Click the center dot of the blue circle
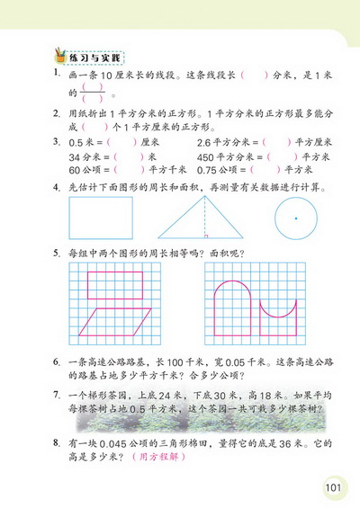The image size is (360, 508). click(x=294, y=218)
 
